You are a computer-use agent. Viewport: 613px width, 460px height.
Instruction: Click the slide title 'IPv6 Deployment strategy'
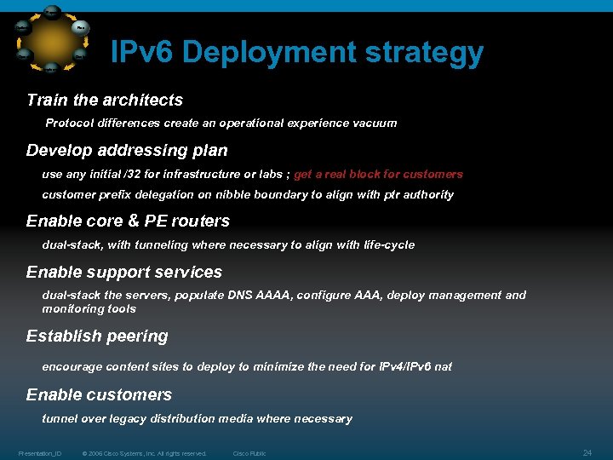(x=297, y=54)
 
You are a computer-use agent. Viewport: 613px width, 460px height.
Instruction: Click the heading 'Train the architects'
(x=105, y=100)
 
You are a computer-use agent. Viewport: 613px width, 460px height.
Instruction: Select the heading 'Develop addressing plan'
(x=127, y=151)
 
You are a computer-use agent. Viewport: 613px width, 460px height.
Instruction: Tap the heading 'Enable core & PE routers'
(x=128, y=221)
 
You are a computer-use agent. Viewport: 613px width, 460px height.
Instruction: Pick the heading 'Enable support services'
(x=124, y=273)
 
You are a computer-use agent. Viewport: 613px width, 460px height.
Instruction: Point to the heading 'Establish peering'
(x=97, y=336)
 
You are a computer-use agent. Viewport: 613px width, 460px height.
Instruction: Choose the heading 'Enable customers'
(x=99, y=395)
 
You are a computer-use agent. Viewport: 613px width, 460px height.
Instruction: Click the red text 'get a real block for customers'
(x=378, y=175)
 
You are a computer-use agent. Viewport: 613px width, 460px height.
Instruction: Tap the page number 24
(x=587, y=451)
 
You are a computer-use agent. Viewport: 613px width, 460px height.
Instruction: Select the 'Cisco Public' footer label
(x=249, y=453)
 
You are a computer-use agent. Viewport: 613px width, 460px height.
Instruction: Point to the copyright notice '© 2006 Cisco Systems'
(x=145, y=453)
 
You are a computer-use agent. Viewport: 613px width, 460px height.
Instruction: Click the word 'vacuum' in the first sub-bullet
(x=375, y=124)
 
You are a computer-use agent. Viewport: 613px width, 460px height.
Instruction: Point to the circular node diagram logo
(x=52, y=38)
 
